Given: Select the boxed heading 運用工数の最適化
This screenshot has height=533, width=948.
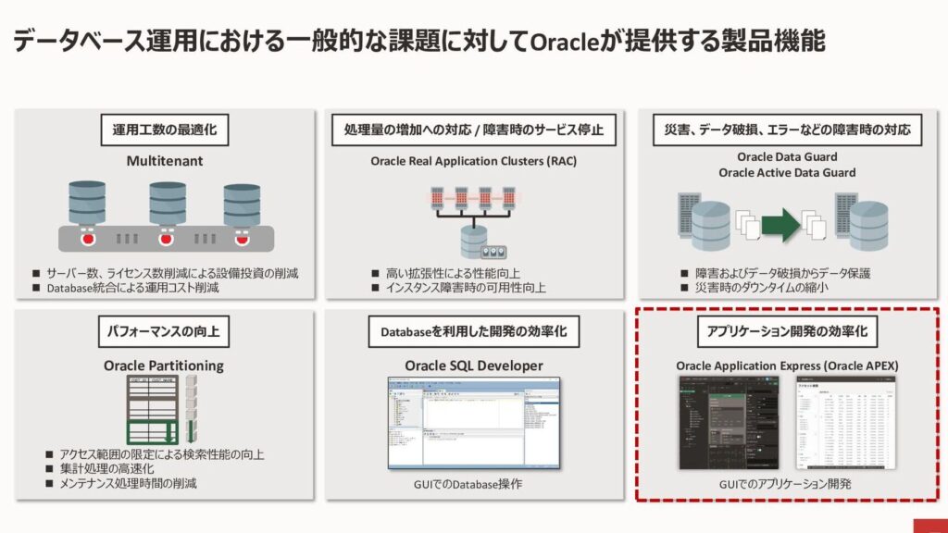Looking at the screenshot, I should tap(164, 130).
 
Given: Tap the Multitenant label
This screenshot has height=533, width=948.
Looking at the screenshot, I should tap(164, 161).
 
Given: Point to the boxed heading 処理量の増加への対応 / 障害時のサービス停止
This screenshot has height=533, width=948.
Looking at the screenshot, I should tap(473, 130).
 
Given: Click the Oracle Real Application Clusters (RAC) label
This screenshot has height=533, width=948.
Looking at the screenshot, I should tap(473, 161).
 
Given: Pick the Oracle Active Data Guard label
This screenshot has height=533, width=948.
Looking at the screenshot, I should tap(787, 172).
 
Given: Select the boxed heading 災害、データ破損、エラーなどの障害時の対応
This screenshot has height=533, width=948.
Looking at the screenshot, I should tap(787, 130).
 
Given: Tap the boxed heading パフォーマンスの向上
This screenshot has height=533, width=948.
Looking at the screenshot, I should tap(164, 330).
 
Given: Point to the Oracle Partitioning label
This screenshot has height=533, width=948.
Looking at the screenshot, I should tap(164, 366).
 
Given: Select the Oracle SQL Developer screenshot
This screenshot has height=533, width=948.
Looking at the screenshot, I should tap(473, 421).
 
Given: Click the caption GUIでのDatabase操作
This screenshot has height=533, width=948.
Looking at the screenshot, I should tap(473, 485).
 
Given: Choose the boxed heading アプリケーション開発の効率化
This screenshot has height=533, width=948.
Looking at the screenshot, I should tap(787, 330).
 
